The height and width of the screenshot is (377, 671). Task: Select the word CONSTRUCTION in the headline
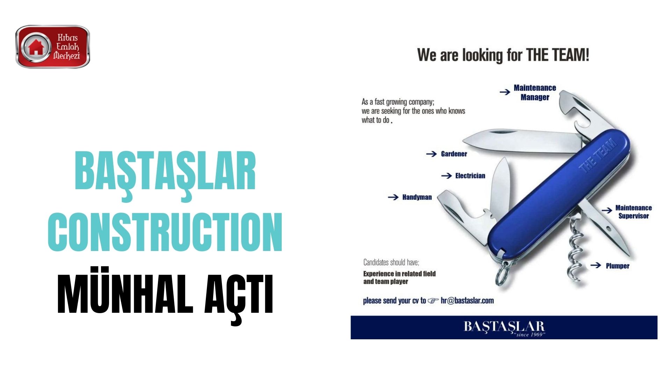click(x=165, y=232)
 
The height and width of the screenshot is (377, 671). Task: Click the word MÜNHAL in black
click(x=125, y=290)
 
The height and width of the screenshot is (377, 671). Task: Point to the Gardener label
click(x=454, y=154)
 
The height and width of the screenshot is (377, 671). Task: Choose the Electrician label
click(x=470, y=176)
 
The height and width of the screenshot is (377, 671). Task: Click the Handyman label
click(x=417, y=197)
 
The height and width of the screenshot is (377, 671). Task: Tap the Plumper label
click(x=618, y=266)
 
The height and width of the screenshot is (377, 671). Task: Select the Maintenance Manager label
click(x=535, y=93)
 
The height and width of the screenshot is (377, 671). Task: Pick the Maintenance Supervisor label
click(x=634, y=212)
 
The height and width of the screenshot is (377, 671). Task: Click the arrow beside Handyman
click(x=393, y=197)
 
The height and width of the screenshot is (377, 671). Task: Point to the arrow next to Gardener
click(x=432, y=154)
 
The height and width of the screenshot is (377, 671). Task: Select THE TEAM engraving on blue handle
click(x=598, y=156)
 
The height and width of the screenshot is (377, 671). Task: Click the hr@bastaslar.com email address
click(x=467, y=301)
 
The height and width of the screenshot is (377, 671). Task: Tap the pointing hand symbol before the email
click(x=433, y=301)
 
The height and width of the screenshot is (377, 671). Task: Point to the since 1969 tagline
click(x=529, y=335)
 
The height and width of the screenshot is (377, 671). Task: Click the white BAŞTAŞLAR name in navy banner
click(x=504, y=326)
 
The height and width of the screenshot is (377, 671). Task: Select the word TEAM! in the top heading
click(x=570, y=55)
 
